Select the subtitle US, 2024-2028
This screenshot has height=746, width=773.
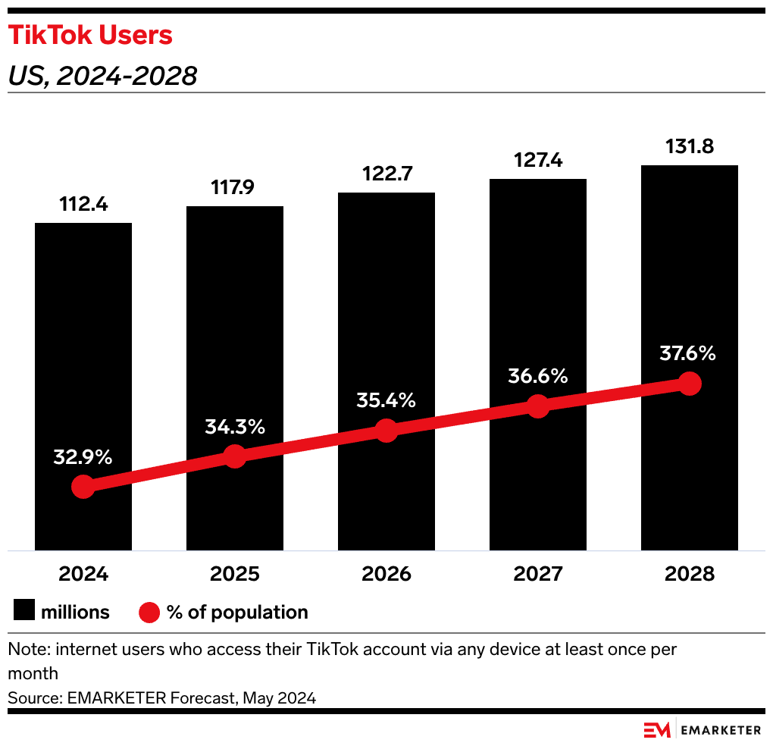tap(102, 76)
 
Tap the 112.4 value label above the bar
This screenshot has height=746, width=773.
tap(83, 204)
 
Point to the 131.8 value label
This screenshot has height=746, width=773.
tap(689, 146)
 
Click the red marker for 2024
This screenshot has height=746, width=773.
tap(83, 487)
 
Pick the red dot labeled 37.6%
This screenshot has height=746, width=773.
tap(689, 384)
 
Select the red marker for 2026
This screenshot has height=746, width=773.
tap(386, 431)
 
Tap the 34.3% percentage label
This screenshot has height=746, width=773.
tap(235, 427)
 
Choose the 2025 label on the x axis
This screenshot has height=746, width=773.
tap(235, 573)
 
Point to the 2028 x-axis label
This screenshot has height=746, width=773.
tap(689, 573)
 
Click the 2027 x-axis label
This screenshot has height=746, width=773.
tap(537, 573)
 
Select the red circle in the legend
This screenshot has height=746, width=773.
tap(149, 612)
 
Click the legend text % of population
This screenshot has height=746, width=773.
tap(237, 612)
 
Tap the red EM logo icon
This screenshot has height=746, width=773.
tap(657, 730)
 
